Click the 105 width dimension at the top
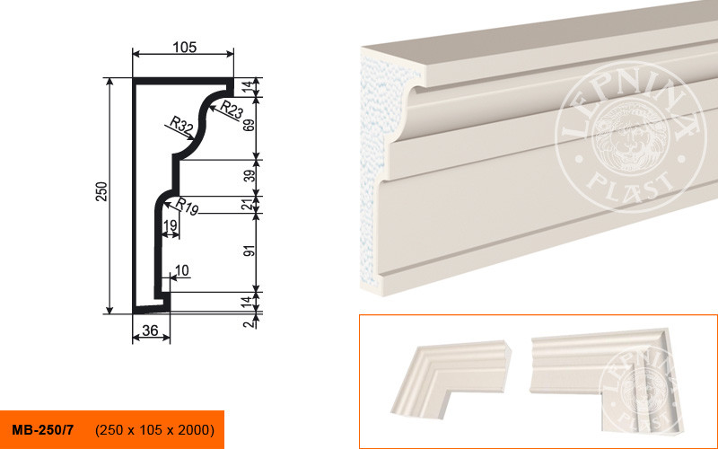point(185,48)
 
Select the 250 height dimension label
point(101,191)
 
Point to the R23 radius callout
point(232,110)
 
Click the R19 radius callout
point(187,207)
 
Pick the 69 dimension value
point(249,125)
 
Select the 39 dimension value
point(249,174)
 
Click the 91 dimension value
point(249,251)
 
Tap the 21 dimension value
point(248,205)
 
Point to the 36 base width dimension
point(150,330)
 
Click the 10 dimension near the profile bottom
point(182,271)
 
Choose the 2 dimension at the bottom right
point(249,324)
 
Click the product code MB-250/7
point(42,430)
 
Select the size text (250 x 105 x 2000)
point(154,430)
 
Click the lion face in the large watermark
point(627,137)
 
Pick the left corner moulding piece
point(451,378)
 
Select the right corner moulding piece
point(604,379)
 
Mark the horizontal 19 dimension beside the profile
point(171,225)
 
